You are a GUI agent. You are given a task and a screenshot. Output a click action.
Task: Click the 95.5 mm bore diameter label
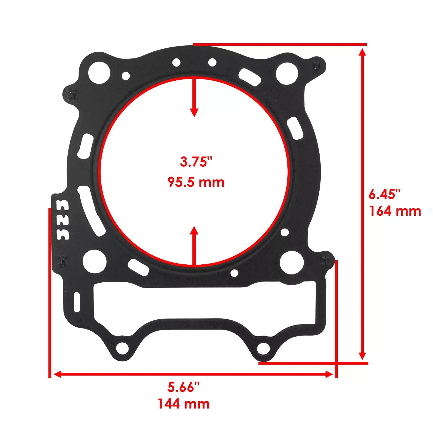(196, 182)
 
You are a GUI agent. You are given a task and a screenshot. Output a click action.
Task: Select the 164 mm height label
(395, 211)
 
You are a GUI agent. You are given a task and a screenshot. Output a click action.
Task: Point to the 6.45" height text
(385, 195)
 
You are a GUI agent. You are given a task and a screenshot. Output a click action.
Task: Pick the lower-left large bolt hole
(94, 261)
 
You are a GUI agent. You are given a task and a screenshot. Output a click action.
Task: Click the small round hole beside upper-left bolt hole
(126, 75)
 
